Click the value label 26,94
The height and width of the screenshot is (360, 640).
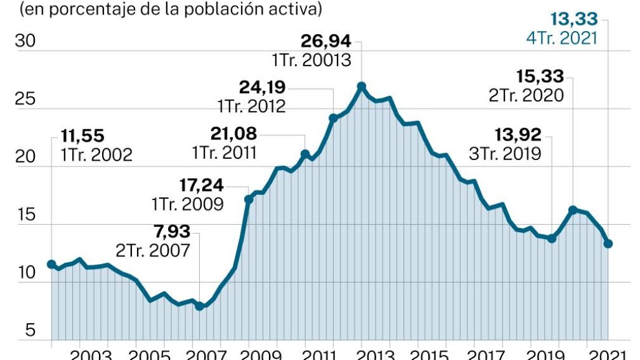326,42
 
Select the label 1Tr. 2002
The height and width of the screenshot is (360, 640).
96,154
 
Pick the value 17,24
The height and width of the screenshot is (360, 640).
198,185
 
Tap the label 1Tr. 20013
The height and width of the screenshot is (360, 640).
311,61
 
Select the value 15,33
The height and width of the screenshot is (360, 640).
540,77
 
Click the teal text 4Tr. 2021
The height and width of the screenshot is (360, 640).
563,38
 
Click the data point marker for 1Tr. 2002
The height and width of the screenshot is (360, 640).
51,264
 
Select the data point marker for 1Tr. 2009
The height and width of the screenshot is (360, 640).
248,199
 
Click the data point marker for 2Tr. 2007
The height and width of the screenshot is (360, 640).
199,306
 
